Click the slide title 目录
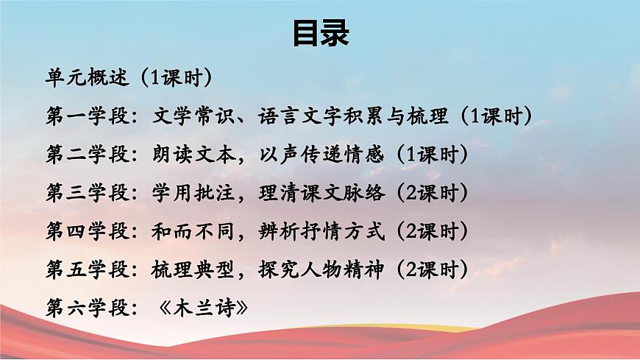tap(320, 34)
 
